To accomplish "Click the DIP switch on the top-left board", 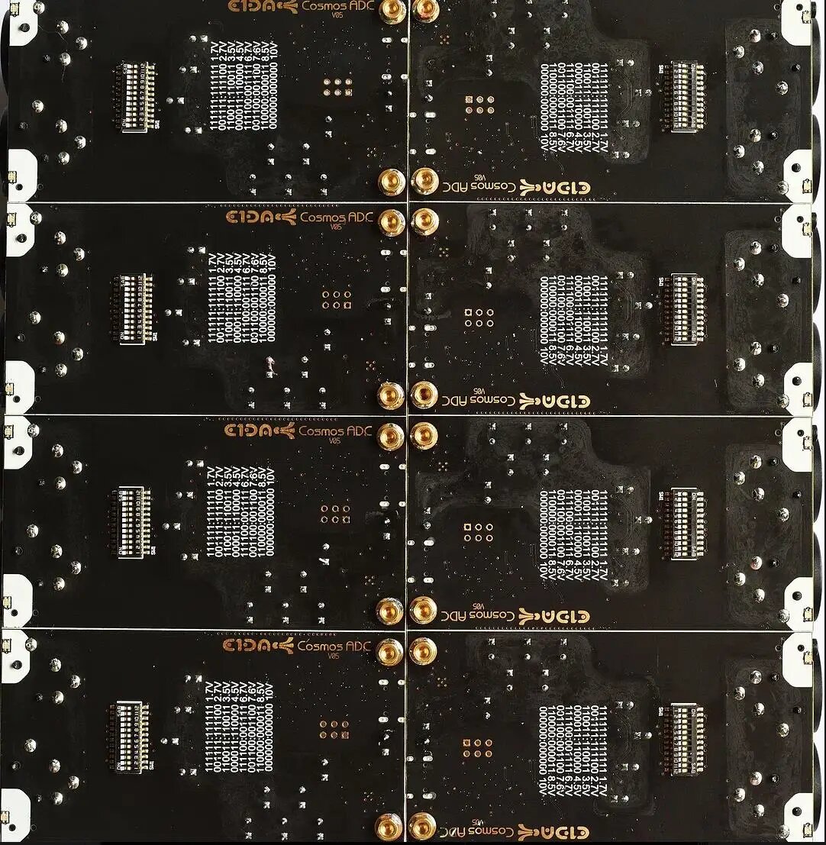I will click(137, 98).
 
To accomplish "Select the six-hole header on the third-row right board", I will click(479, 532).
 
